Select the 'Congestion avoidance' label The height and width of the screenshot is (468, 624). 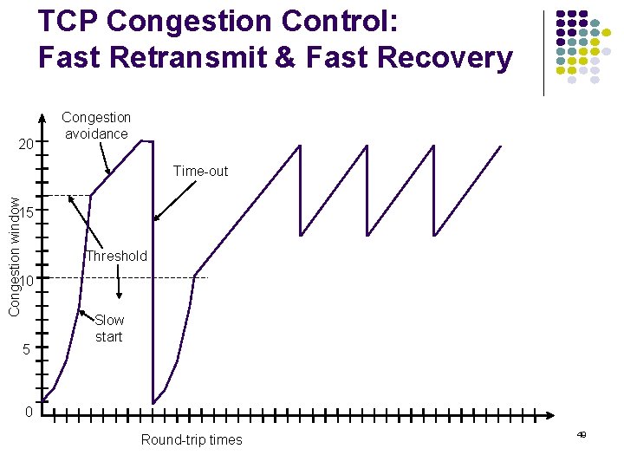coord(96,126)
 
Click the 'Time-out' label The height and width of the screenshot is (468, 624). coord(200,171)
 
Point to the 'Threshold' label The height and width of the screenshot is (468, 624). coord(116,256)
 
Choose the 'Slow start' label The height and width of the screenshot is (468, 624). coord(109,328)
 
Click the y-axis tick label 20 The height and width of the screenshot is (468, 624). coord(26,144)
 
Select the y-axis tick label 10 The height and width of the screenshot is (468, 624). coord(27,281)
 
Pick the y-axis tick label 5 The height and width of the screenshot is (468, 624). coord(27,349)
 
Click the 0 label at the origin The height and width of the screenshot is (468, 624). coord(29,412)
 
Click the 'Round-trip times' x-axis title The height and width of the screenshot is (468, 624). coord(192,439)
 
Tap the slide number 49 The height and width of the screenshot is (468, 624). coord(582,434)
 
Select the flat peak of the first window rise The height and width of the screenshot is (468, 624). coord(146,140)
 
